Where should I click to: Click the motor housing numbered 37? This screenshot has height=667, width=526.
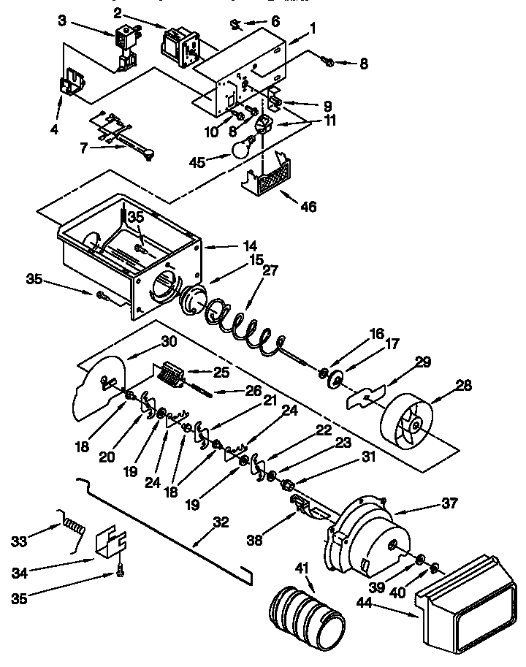365,533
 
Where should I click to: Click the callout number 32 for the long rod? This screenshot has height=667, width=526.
221,522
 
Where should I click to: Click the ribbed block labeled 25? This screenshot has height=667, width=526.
171,376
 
